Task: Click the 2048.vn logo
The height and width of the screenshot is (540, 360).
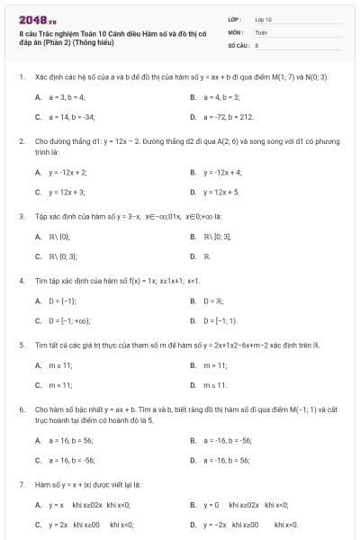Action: click(37, 19)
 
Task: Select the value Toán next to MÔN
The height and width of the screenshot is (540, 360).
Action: click(261, 31)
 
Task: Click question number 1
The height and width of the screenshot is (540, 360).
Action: click(21, 77)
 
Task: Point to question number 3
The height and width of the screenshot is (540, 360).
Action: click(21, 216)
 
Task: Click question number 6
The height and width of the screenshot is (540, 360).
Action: click(21, 409)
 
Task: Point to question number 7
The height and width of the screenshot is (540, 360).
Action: click(21, 484)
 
